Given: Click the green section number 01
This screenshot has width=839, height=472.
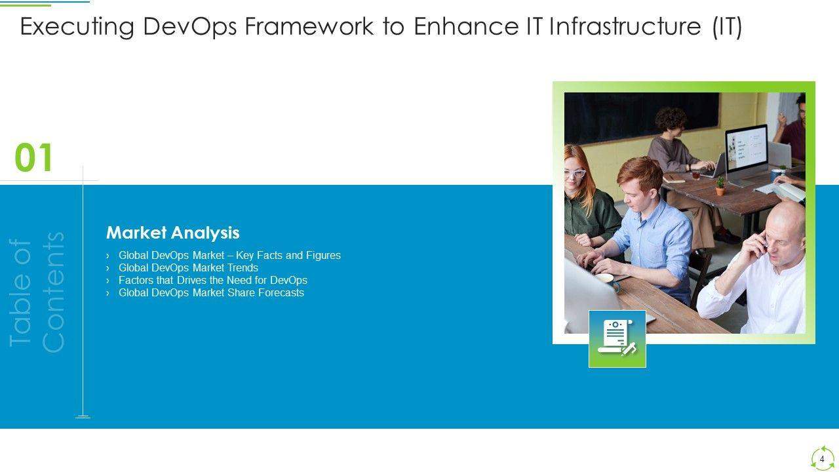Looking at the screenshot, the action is pyautogui.click(x=33, y=157).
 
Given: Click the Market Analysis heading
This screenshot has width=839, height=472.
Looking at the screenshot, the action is pyautogui.click(x=172, y=233).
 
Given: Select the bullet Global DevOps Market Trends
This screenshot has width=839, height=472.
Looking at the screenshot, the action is pyautogui.click(x=188, y=268).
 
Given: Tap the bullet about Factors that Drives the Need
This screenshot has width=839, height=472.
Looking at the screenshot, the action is pyautogui.click(x=213, y=280).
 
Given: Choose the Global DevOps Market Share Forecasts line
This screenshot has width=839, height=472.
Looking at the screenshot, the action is pyautogui.click(x=211, y=292).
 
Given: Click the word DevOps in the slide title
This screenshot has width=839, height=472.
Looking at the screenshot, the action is pyautogui.click(x=190, y=27).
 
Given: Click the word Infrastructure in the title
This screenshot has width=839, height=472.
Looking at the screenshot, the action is pyautogui.click(x=625, y=26).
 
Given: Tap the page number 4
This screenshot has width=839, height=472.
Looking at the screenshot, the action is pyautogui.click(x=822, y=459).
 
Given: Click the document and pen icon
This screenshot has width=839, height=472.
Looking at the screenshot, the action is pyautogui.click(x=617, y=339).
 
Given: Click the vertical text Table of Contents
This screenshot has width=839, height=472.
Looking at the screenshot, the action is pyautogui.click(x=37, y=292).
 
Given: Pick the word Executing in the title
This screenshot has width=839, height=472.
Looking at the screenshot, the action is pyautogui.click(x=77, y=27).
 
